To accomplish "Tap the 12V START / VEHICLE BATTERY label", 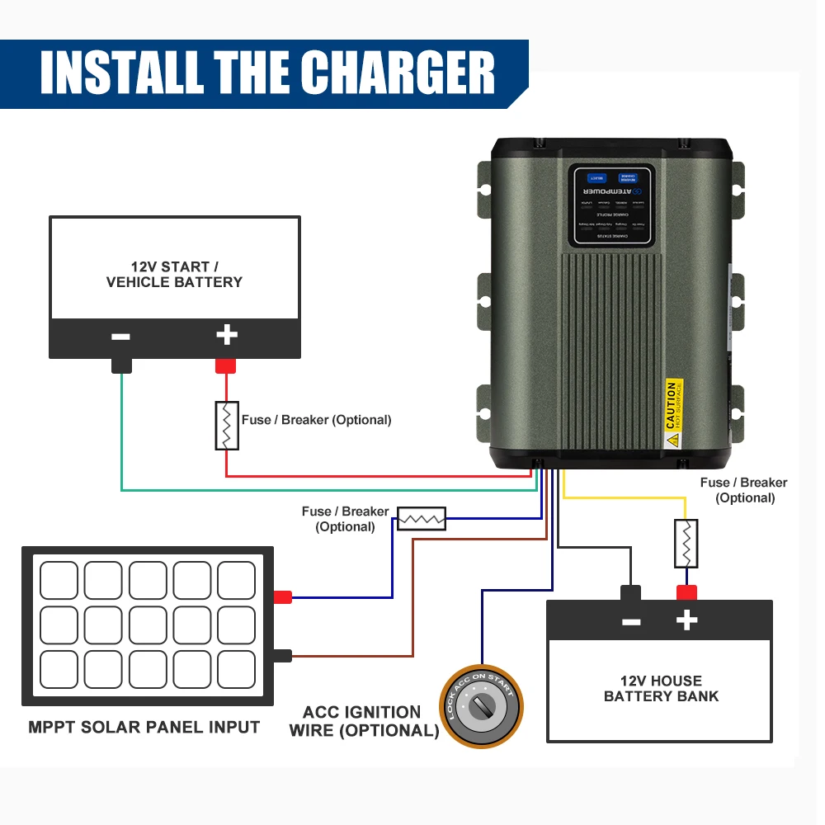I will pyautogui.click(x=174, y=275).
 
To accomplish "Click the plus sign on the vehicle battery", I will pyautogui.click(x=226, y=335).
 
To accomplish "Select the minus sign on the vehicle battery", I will pyautogui.click(x=120, y=337).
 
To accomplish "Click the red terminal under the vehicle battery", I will pyautogui.click(x=226, y=365).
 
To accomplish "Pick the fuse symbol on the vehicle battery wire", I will pyautogui.click(x=227, y=426).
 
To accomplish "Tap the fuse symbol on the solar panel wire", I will pyautogui.click(x=422, y=518).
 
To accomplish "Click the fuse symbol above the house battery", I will pyautogui.click(x=686, y=543).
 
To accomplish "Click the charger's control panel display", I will pyautogui.click(x=611, y=205).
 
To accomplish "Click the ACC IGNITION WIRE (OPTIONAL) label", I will pyautogui.click(x=363, y=721).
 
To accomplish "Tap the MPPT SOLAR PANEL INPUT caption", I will pyautogui.click(x=144, y=728).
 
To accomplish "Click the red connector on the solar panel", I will pyautogui.click(x=283, y=597).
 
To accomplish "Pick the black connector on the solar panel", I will pyautogui.click(x=283, y=656).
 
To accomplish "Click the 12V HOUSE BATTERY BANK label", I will pyautogui.click(x=661, y=688).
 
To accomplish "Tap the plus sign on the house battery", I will pyautogui.click(x=686, y=621).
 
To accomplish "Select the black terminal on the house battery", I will pyautogui.click(x=631, y=593).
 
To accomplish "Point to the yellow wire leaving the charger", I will pyautogui.click(x=627, y=497).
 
